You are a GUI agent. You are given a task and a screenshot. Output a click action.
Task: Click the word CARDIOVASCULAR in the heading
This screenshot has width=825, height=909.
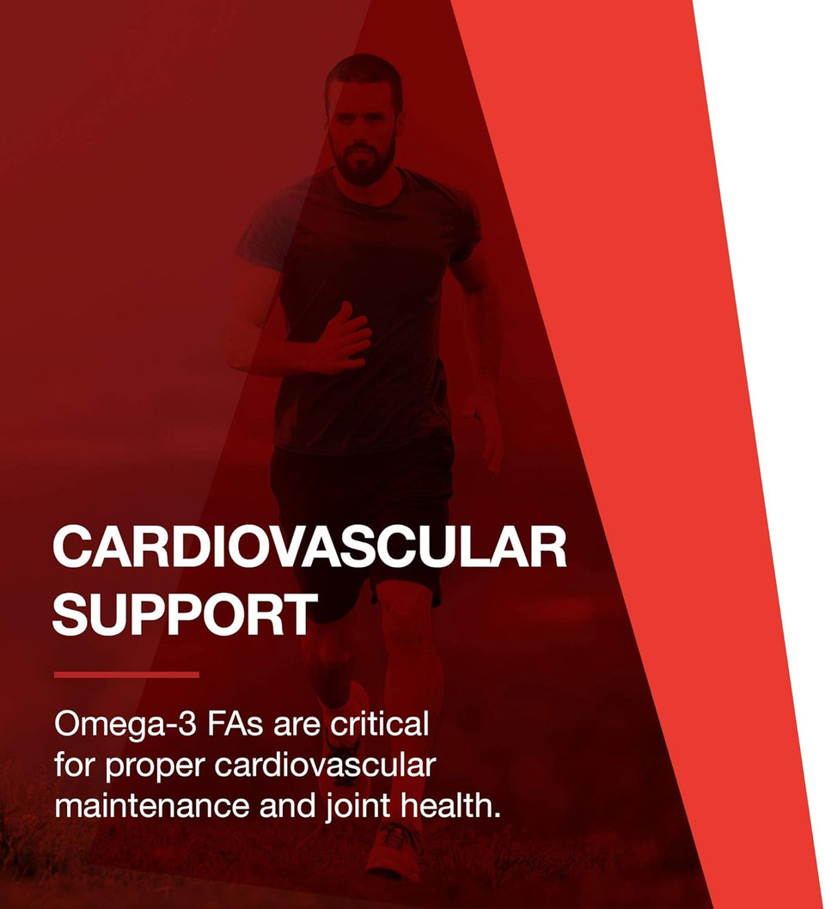pyautogui.click(x=309, y=547)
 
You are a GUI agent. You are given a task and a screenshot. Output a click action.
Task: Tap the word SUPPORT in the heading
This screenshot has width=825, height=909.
pyautogui.click(x=183, y=613)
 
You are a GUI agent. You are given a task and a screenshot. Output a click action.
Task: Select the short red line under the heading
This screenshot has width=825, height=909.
pyautogui.click(x=126, y=674)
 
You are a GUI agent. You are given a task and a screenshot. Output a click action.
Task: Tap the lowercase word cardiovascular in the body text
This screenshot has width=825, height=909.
pyautogui.click(x=325, y=765)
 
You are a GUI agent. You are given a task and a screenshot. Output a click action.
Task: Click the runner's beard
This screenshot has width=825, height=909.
pyautogui.click(x=364, y=163)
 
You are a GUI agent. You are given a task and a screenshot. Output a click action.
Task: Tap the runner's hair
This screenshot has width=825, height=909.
pyautogui.click(x=363, y=73)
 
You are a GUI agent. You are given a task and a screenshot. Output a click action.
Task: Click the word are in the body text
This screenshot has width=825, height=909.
pyautogui.click(x=296, y=726)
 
